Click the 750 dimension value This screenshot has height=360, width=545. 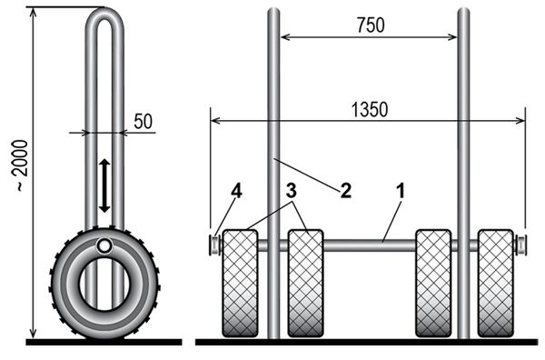pyautogui.click(x=371, y=25)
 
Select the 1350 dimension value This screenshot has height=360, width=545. pyautogui.click(x=370, y=110)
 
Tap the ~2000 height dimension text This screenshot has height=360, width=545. pyautogui.click(x=21, y=165)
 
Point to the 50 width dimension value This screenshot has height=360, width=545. pyautogui.click(x=144, y=122)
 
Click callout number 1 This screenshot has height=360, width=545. pyautogui.click(x=401, y=191)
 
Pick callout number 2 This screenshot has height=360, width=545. pyautogui.click(x=346, y=191)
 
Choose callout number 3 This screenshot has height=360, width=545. pyautogui.click(x=292, y=191)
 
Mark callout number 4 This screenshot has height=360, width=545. pyautogui.click(x=236, y=191)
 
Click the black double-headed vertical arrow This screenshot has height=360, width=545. pyautogui.click(x=104, y=185)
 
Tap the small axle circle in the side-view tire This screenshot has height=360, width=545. pyautogui.click(x=104, y=246)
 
